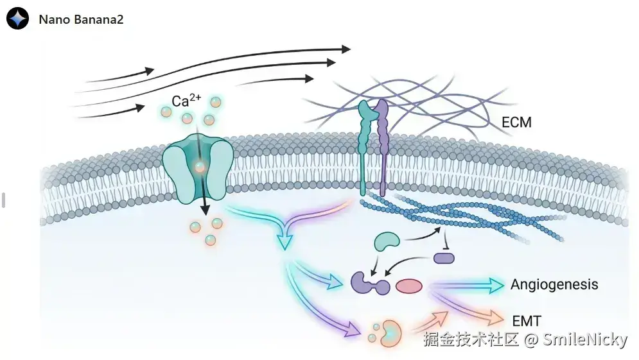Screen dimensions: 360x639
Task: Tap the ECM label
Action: [516, 121]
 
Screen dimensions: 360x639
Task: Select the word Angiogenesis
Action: [554, 284]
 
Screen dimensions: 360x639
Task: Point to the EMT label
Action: [527, 320]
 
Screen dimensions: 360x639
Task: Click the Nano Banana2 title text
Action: [81, 19]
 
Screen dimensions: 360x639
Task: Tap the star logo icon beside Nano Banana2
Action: [18, 19]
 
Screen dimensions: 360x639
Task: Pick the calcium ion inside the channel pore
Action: [200, 167]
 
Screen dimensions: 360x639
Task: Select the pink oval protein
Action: [408, 286]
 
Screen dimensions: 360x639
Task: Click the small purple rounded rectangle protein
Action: [444, 258]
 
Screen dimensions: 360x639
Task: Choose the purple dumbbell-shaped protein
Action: [371, 283]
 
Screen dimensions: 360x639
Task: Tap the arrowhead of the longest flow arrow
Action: [346, 49]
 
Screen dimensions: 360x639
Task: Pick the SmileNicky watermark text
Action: [584, 339]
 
